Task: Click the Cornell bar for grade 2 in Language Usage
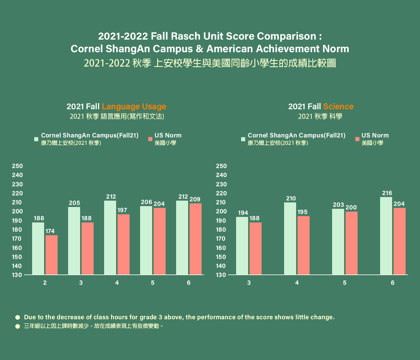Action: (x=38, y=248)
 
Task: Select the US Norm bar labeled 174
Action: (x=52, y=255)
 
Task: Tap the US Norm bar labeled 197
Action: (x=124, y=244)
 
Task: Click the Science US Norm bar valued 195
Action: (x=304, y=245)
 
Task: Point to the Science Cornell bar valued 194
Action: (x=242, y=246)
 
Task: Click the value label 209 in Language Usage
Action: (x=195, y=199)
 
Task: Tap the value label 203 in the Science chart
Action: (x=338, y=205)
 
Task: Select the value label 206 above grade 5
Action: (x=146, y=202)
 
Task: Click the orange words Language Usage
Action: (x=134, y=106)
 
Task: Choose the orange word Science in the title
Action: (x=338, y=106)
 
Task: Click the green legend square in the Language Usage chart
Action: (x=36, y=139)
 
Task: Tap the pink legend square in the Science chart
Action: (x=357, y=139)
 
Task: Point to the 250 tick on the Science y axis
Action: (x=221, y=166)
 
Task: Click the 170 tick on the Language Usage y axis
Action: (x=17, y=239)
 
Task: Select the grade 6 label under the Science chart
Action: (x=392, y=283)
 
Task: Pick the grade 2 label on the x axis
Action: (x=45, y=283)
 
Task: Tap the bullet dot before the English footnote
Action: (x=18, y=317)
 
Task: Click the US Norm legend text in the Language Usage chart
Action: (x=168, y=135)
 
